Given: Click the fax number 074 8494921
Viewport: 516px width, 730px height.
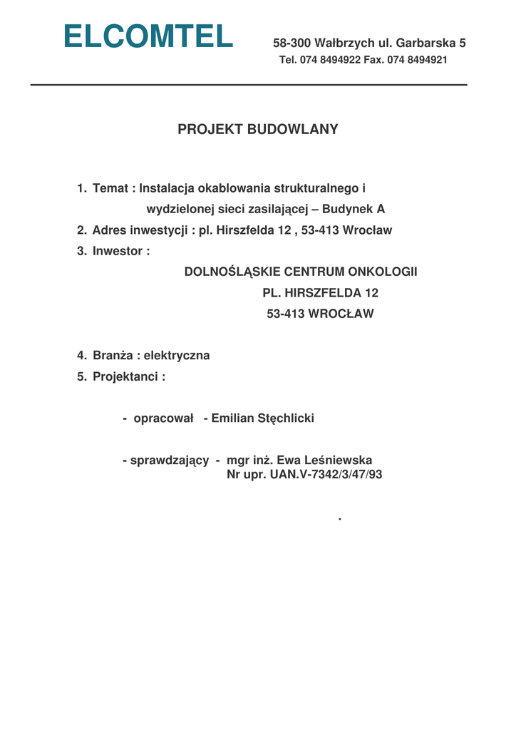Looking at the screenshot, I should coord(417,61).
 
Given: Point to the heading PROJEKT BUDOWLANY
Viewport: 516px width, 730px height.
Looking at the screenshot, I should coord(257,130).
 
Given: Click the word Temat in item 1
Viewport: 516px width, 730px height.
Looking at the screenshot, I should coord(110,189).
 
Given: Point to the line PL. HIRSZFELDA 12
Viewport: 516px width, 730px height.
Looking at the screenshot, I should coord(320,293).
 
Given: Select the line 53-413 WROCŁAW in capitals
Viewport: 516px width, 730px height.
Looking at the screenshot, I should coord(320,314).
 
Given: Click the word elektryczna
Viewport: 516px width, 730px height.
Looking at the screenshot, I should coord(177,356).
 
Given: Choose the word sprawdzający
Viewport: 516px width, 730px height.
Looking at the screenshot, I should coord(169,461).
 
